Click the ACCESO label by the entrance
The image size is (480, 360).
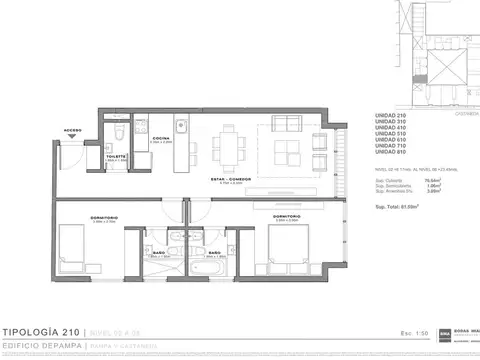point(72,130)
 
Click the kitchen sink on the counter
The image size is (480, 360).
point(183,127)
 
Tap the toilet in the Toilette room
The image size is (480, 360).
point(117,135)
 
